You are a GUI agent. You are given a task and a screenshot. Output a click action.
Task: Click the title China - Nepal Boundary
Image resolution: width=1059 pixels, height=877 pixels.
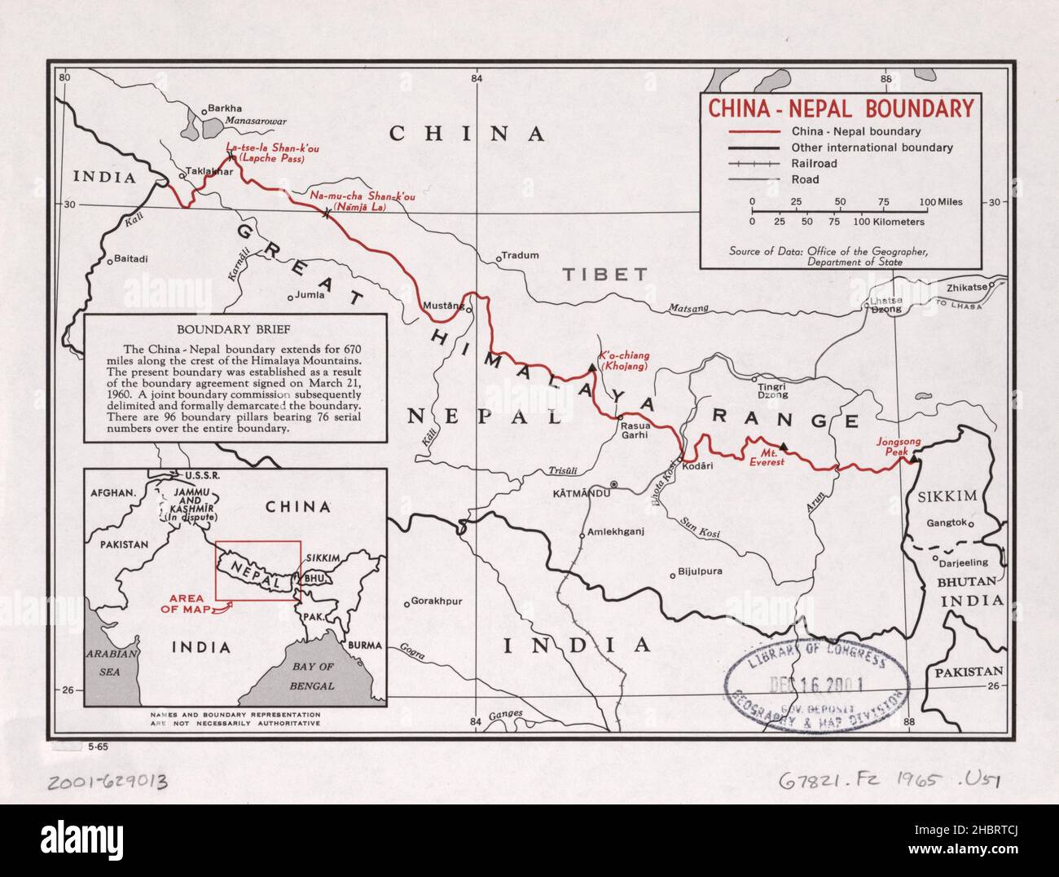click(840, 108)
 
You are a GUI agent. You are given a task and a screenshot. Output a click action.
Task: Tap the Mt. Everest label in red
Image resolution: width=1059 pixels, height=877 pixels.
click(767, 456)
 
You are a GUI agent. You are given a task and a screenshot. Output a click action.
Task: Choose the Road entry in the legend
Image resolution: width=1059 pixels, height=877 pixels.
click(805, 179)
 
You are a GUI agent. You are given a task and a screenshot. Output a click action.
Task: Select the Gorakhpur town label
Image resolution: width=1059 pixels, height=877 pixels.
click(437, 602)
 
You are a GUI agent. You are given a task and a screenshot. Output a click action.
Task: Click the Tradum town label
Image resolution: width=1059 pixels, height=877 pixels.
click(521, 255)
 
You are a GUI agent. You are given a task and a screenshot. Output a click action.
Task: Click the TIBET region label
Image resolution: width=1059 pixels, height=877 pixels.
click(604, 275)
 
